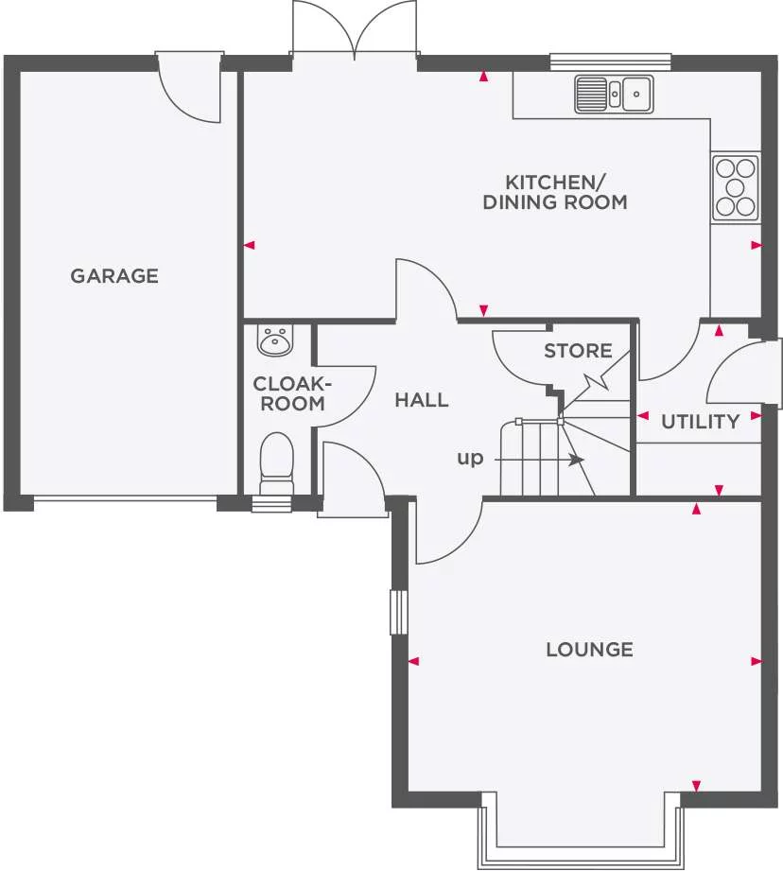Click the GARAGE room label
[x=114, y=276]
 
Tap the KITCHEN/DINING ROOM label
[x=554, y=192]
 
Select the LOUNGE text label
[x=589, y=650]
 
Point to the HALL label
[x=422, y=400]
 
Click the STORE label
[x=578, y=351]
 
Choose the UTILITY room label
[x=700, y=422]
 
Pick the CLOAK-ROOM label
[x=289, y=393]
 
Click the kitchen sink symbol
[x=614, y=94]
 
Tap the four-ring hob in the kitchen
[x=736, y=187]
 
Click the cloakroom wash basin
[x=276, y=340]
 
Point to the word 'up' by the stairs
[x=470, y=459]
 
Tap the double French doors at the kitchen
[x=355, y=33]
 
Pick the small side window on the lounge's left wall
[x=398, y=613]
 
